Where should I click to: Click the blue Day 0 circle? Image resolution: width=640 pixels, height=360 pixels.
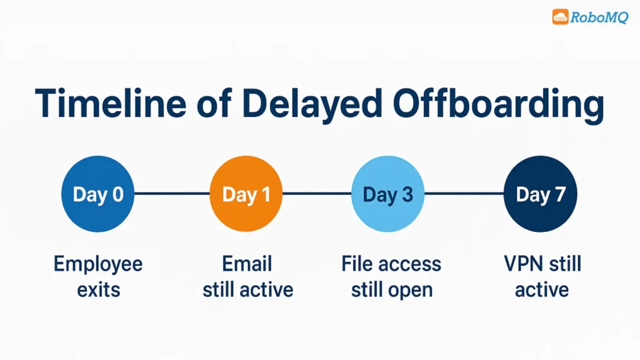(x=97, y=194)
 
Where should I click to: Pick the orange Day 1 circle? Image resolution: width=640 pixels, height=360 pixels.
(x=246, y=194)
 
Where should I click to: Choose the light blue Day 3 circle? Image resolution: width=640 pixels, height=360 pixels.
(x=388, y=194)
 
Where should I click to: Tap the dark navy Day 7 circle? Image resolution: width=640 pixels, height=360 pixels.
(x=541, y=194)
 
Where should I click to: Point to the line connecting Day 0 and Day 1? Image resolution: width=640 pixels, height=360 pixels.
(x=172, y=194)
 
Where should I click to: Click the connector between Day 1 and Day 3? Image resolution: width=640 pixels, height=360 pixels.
(x=317, y=194)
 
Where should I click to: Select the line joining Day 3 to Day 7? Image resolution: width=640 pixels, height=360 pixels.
(x=464, y=194)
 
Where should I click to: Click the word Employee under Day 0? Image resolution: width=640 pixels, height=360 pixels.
(x=98, y=264)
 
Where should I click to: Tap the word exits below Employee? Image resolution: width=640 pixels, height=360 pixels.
(x=98, y=290)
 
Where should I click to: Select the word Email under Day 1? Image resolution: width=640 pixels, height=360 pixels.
(x=247, y=264)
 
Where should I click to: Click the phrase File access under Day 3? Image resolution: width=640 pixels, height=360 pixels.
(x=391, y=264)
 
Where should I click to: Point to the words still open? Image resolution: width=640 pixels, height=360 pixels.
(x=391, y=290)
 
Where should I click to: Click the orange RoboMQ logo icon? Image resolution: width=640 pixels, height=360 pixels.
(x=560, y=17)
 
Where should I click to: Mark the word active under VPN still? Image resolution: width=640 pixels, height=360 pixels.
(x=542, y=290)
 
